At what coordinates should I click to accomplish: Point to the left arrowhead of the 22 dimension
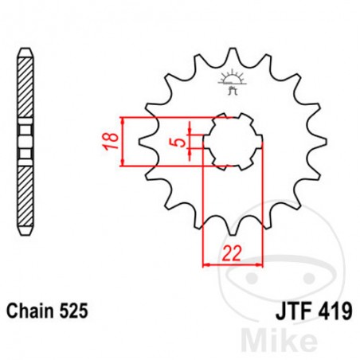207,262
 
